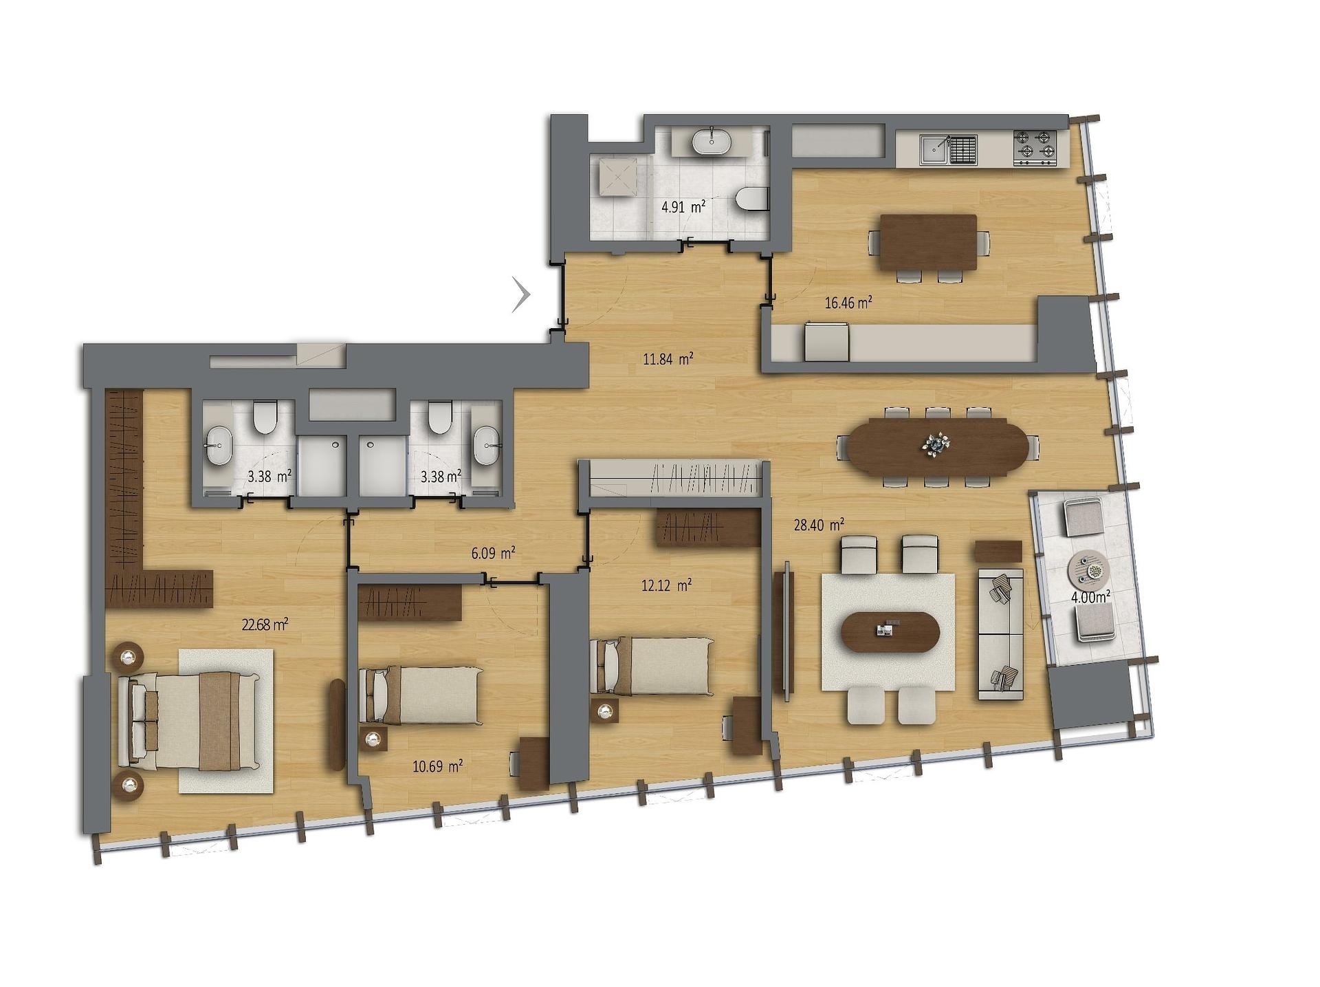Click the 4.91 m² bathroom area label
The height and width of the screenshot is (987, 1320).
click(x=683, y=206)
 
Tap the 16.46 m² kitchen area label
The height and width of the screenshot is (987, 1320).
click(x=848, y=302)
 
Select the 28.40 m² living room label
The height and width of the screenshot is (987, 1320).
click(x=819, y=525)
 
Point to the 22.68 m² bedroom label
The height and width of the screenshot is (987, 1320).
click(x=265, y=625)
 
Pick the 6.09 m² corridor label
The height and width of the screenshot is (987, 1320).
click(x=493, y=553)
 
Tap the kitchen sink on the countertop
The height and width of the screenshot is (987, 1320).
click(x=935, y=149)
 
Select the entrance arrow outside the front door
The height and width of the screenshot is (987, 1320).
click(x=522, y=294)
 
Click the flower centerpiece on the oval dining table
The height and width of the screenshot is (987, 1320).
click(x=936, y=444)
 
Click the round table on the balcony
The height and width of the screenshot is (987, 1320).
click(x=1088, y=570)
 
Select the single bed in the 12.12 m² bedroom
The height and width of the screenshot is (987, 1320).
click(x=652, y=666)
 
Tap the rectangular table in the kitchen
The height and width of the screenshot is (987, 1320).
click(x=928, y=243)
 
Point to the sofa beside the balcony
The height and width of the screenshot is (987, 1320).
click(x=1000, y=634)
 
